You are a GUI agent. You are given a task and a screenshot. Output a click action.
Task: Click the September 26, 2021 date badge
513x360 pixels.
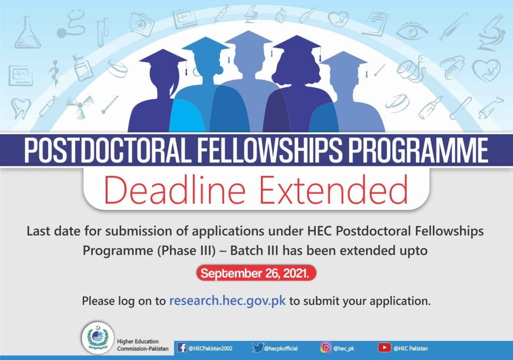point(256,274)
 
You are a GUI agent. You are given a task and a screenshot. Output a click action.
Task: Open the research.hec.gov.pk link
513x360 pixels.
point(227,301)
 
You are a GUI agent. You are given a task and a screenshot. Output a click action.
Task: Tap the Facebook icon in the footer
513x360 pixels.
point(182,347)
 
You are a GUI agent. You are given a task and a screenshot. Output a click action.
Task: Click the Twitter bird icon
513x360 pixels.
point(258,347)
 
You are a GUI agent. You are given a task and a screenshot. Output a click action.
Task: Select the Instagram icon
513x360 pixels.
point(326,347)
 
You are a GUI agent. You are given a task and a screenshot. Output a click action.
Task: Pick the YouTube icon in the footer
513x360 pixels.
point(385,347)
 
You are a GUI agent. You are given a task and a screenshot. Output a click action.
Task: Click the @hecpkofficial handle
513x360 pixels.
point(283,348)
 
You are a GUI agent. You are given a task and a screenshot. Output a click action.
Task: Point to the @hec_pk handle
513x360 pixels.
point(344,348)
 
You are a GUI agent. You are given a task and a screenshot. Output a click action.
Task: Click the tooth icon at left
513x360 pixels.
point(22,107)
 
